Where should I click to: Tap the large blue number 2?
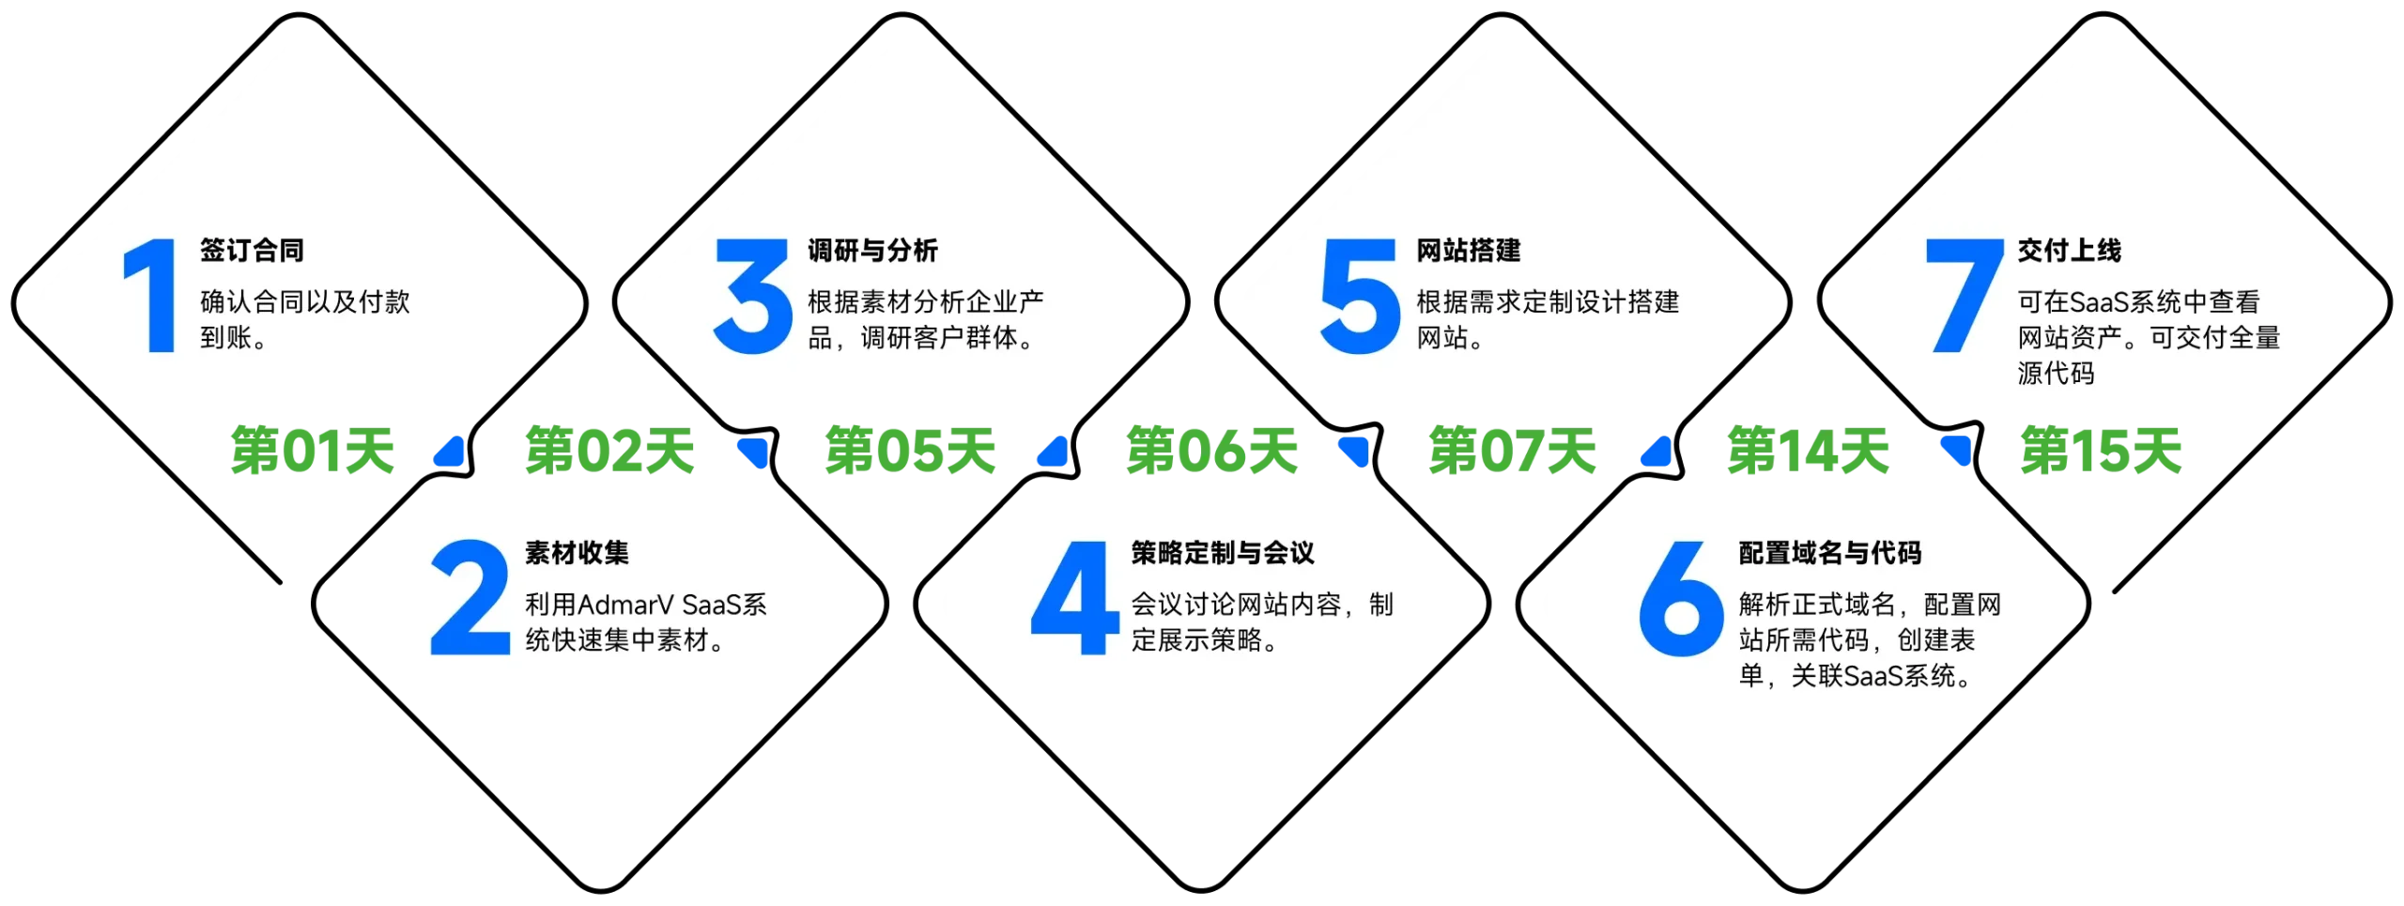click(470, 598)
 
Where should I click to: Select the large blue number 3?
click(752, 297)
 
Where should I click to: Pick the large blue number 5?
click(1360, 297)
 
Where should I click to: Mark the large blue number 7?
click(1964, 297)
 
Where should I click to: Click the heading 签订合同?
click(252, 251)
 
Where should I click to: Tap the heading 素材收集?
click(577, 553)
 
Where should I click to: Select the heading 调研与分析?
click(872, 251)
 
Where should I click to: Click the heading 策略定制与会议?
click(1222, 553)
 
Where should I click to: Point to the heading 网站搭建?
click(1468, 251)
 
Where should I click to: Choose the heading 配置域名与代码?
click(1829, 553)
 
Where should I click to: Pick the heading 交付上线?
click(2069, 251)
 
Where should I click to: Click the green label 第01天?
click(312, 451)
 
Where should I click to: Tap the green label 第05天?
click(909, 451)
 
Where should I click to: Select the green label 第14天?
click(1807, 451)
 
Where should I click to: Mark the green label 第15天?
click(2102, 451)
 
